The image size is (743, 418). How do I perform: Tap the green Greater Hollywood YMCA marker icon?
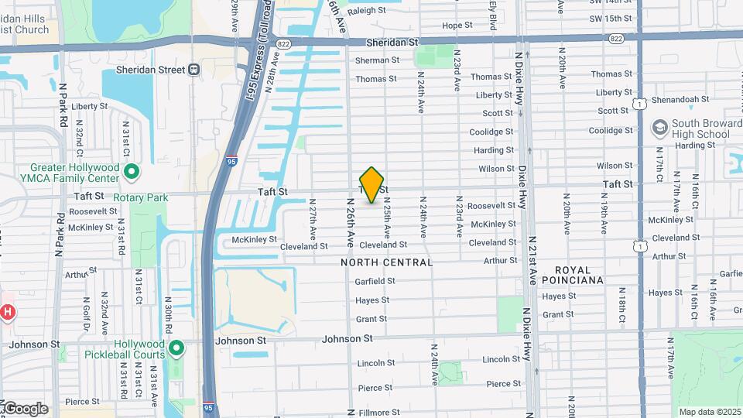coord(132,172)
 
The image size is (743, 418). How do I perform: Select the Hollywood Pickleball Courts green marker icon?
coord(176,349)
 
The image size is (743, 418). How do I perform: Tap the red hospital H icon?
coord(7,313)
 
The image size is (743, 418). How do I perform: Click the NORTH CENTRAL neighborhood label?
coord(386,262)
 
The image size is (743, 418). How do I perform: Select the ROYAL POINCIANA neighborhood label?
coord(572,275)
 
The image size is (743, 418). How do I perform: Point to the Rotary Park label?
coord(140,197)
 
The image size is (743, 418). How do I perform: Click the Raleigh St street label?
coord(367,10)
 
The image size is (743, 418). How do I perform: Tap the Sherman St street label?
coord(377,60)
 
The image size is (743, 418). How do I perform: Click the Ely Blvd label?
coord(492,15)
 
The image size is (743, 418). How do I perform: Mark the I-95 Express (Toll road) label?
coord(256,50)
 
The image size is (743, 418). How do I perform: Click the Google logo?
coord(25,409)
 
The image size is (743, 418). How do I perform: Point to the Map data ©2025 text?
coord(708,412)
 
